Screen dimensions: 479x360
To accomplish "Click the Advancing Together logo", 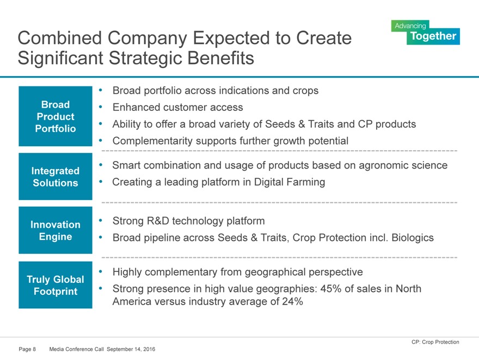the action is pos(425,32).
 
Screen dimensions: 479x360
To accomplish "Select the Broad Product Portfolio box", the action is pos(56,116).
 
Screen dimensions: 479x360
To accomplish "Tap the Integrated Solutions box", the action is pos(56,177).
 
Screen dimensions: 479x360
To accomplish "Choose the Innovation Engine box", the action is pos(56,231).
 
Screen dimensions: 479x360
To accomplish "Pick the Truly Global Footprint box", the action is pos(56,285).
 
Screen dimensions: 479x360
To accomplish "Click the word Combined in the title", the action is pos(60,38).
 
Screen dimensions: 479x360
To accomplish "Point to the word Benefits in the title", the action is pos(220,58).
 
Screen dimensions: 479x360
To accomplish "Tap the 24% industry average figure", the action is pos(292,301).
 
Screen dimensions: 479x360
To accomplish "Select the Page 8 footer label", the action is pos(27,349).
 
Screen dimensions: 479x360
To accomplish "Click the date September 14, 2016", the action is pos(131,349).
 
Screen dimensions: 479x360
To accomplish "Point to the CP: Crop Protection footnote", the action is pos(435,342).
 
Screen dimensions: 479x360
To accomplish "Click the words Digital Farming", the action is pos(289,182).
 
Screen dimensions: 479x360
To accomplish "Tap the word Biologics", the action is pos(413,238).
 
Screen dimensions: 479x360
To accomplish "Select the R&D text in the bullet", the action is pos(158,221).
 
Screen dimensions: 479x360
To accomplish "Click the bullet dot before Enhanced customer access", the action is pos(101,107).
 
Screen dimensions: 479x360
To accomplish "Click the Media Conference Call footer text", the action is pos(76,349).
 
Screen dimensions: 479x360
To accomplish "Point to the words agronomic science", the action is pos(403,165).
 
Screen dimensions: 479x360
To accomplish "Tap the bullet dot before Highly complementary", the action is pos(101,271).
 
